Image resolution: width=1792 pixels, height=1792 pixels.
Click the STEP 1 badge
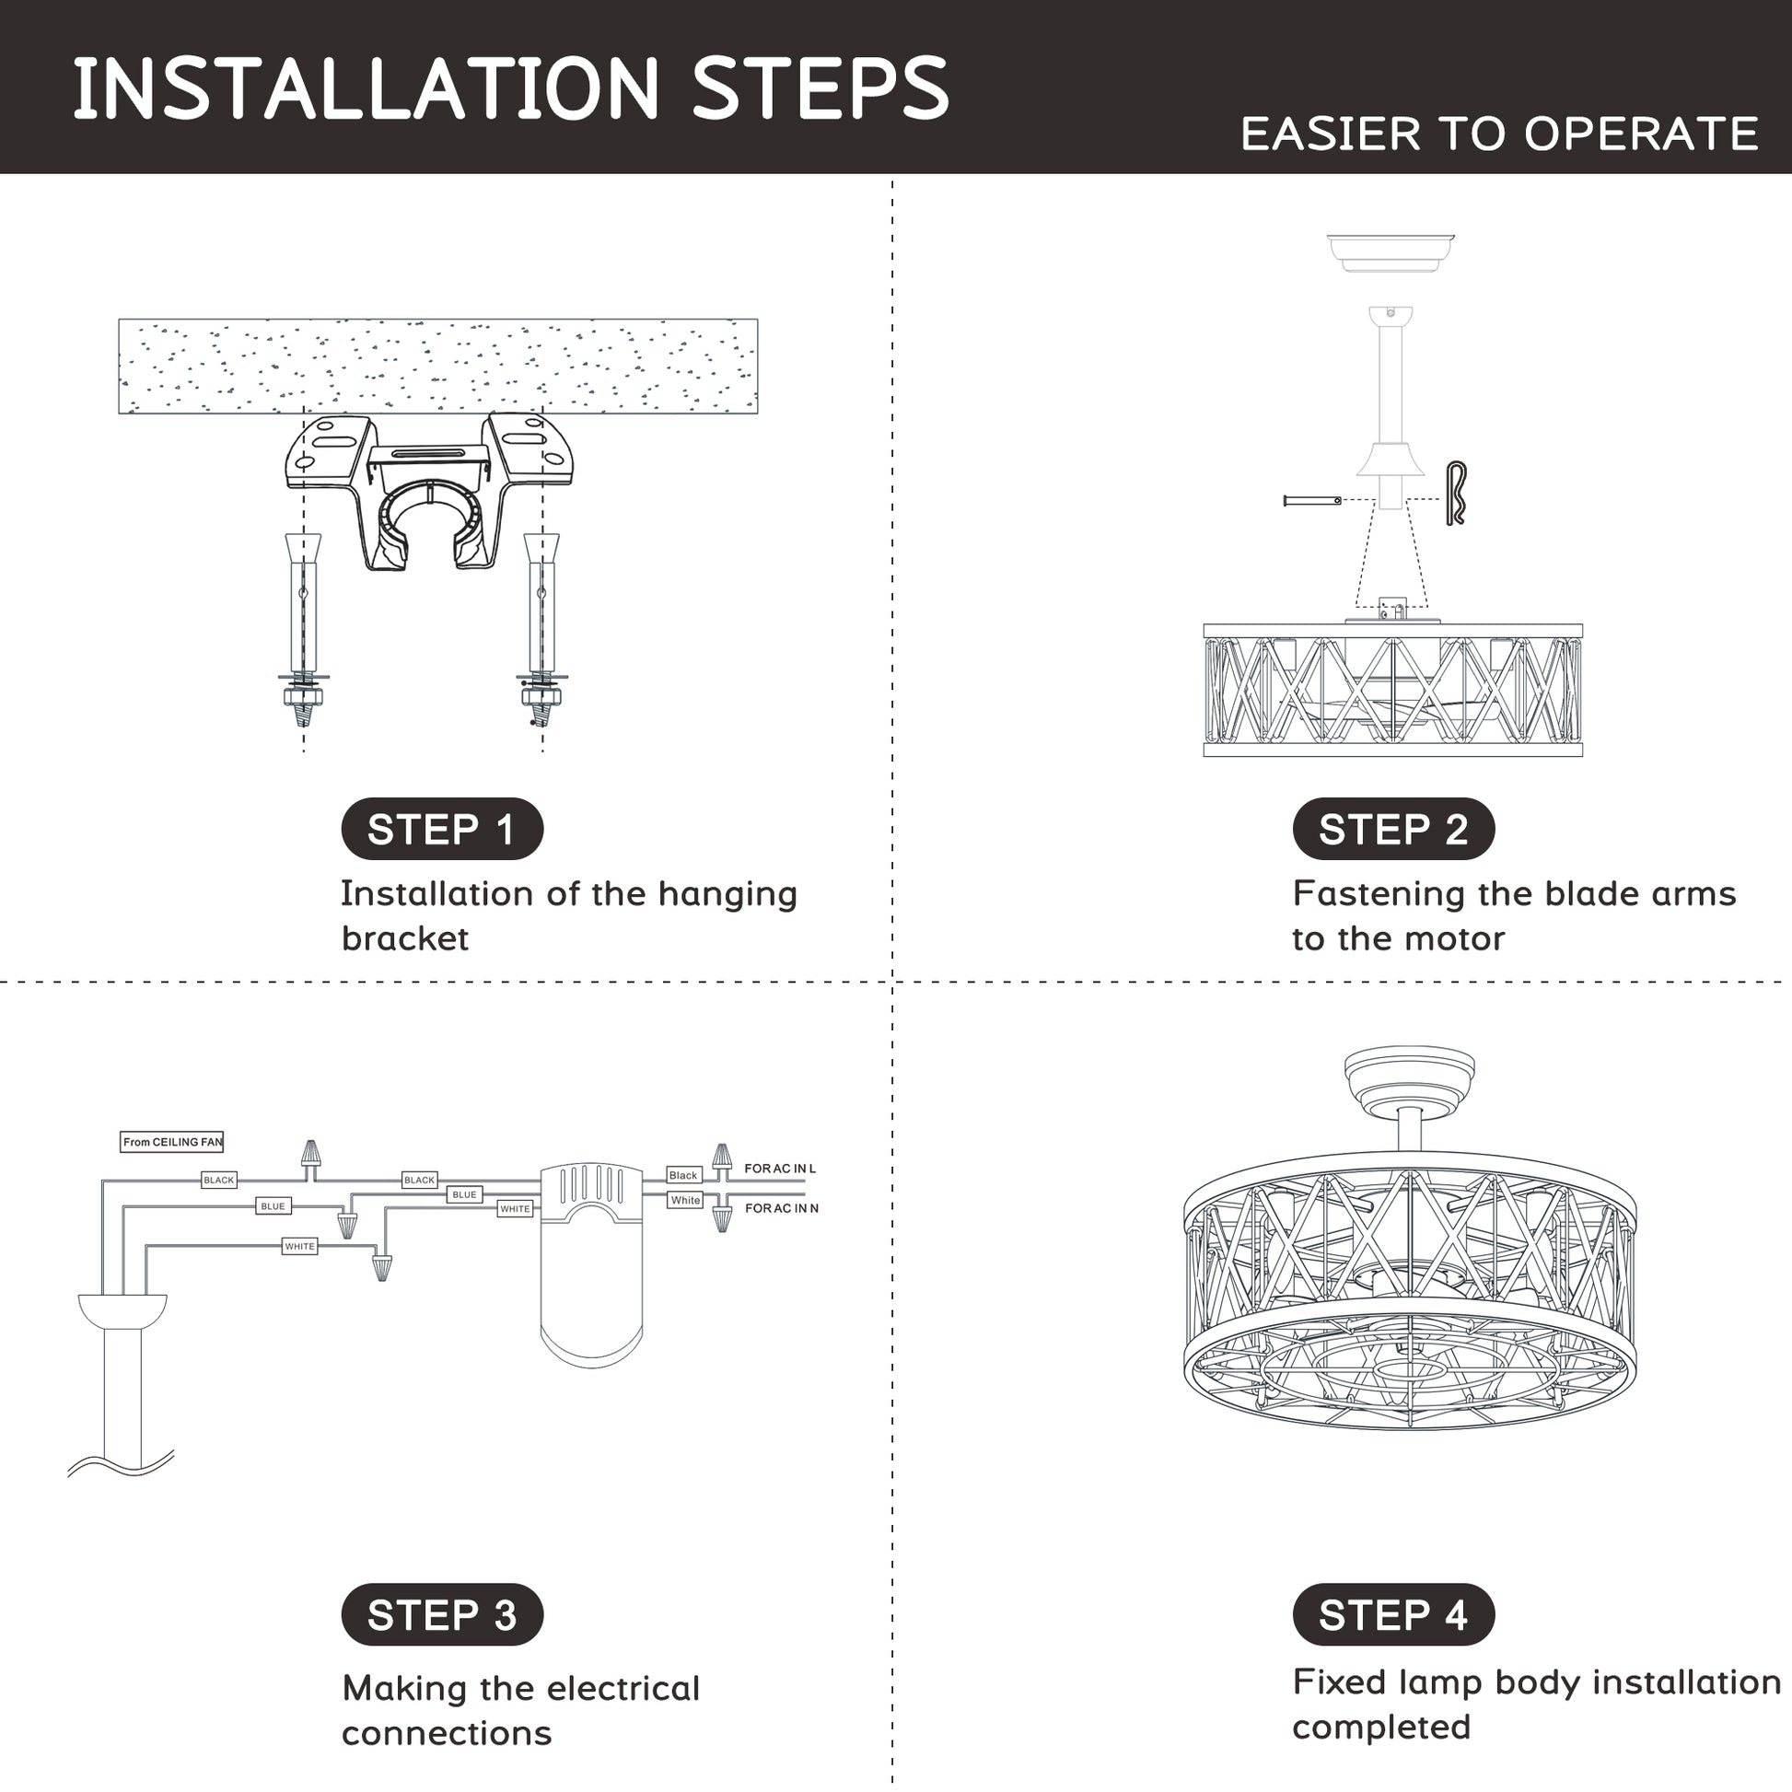pyautogui.click(x=441, y=828)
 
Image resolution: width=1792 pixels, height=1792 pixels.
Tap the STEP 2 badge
pyautogui.click(x=1393, y=828)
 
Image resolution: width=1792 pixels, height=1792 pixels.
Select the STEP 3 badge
pyautogui.click(x=441, y=1614)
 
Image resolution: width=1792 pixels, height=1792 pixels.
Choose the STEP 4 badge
pyautogui.click(x=1393, y=1614)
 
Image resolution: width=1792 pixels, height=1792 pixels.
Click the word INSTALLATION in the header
pyautogui.click(x=367, y=88)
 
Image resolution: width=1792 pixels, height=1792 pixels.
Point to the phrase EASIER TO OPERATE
pyautogui.click(x=1499, y=134)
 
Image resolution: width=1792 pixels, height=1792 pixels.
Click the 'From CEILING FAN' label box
pyautogui.click(x=172, y=1142)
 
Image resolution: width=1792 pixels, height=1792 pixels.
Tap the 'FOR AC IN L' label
pyautogui.click(x=780, y=1169)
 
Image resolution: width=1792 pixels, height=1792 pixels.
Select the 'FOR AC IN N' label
pyautogui.click(x=782, y=1208)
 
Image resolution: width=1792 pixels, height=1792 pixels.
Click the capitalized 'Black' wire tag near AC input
pyautogui.click(x=683, y=1175)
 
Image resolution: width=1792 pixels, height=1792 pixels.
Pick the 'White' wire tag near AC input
pyautogui.click(x=685, y=1200)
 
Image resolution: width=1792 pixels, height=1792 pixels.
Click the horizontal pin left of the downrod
pyautogui.click(x=1312, y=501)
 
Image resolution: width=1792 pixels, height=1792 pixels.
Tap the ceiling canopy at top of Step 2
pyautogui.click(x=1391, y=253)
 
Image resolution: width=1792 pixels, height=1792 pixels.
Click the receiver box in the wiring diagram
pyautogui.click(x=592, y=1265)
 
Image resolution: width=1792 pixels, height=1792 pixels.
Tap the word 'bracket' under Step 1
pyautogui.click(x=405, y=938)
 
